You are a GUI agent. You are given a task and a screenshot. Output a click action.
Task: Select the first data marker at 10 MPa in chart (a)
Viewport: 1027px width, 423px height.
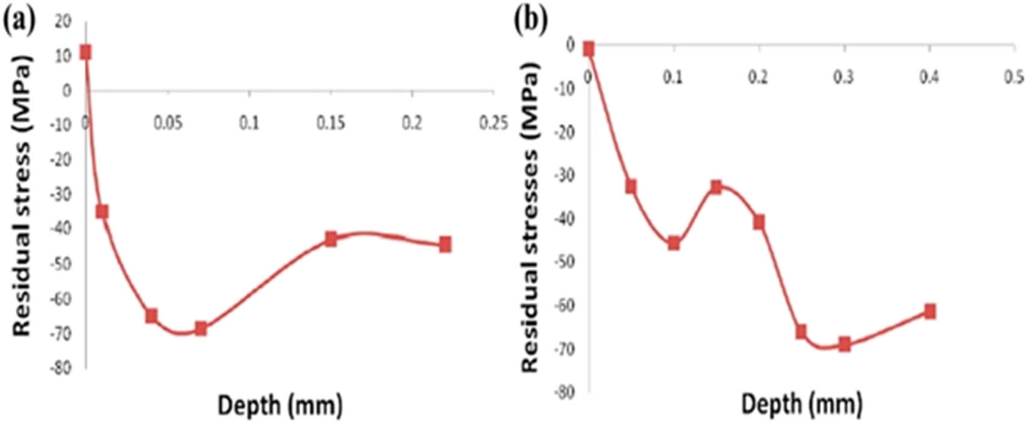(x=86, y=52)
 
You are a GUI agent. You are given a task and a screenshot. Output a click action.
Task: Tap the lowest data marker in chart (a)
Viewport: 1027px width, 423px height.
(x=201, y=328)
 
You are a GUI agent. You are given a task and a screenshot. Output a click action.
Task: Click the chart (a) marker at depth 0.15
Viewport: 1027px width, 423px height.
(x=331, y=239)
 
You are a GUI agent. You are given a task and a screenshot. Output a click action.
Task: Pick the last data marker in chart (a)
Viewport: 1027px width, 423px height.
(x=445, y=244)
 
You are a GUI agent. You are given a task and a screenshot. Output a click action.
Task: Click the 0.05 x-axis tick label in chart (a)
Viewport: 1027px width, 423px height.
(x=167, y=123)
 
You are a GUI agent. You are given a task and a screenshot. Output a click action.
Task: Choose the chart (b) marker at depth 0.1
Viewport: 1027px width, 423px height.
(x=673, y=243)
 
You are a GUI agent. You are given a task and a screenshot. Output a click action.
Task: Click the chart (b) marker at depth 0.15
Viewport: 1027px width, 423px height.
(x=716, y=187)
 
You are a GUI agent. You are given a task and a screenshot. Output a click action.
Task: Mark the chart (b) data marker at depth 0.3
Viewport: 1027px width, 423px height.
(x=844, y=344)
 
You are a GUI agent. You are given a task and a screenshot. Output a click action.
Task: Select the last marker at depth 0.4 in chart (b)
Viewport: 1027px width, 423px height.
(x=930, y=311)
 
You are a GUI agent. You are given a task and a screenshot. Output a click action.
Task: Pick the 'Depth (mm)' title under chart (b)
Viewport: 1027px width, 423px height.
(x=801, y=404)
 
